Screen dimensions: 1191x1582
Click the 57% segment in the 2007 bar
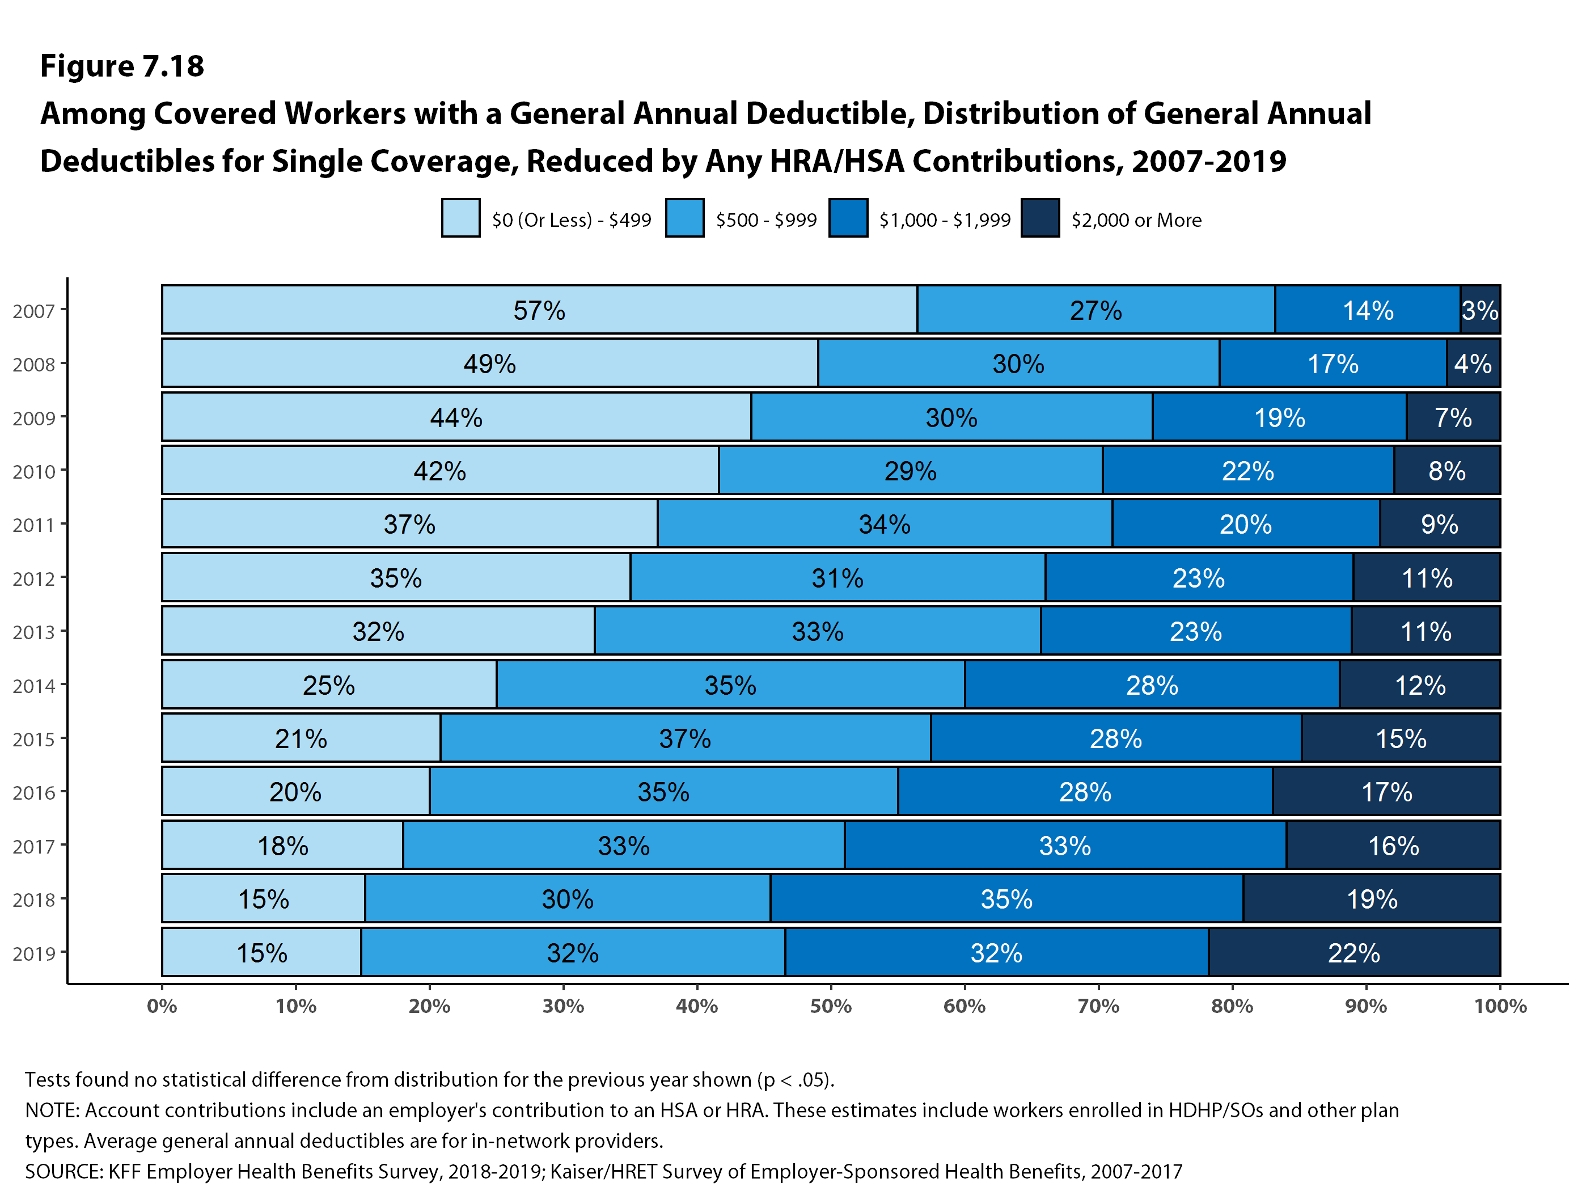[539, 310]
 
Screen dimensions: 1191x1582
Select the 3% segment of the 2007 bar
[1479, 310]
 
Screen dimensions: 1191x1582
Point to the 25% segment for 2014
[329, 685]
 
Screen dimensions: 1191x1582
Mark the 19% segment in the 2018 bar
[1371, 898]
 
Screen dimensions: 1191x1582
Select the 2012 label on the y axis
[33, 578]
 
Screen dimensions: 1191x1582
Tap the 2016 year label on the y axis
[33, 792]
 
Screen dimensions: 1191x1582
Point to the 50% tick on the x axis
[830, 1006]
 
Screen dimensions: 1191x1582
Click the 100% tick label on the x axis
[1500, 1006]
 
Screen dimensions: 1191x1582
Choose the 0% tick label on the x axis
[162, 1006]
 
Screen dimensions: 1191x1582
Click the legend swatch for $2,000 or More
[1040, 217]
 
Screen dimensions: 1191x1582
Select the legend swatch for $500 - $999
[684, 217]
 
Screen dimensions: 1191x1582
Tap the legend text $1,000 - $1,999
[945, 219]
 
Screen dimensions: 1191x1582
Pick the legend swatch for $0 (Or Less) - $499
[460, 217]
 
